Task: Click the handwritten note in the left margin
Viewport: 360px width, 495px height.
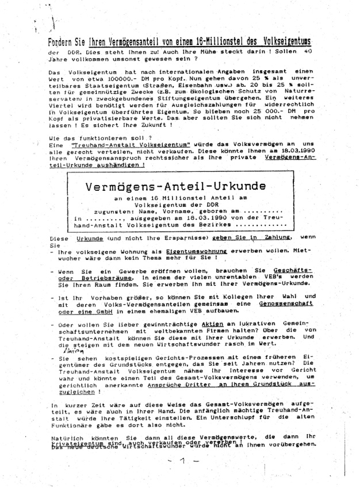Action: [x=68, y=350]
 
